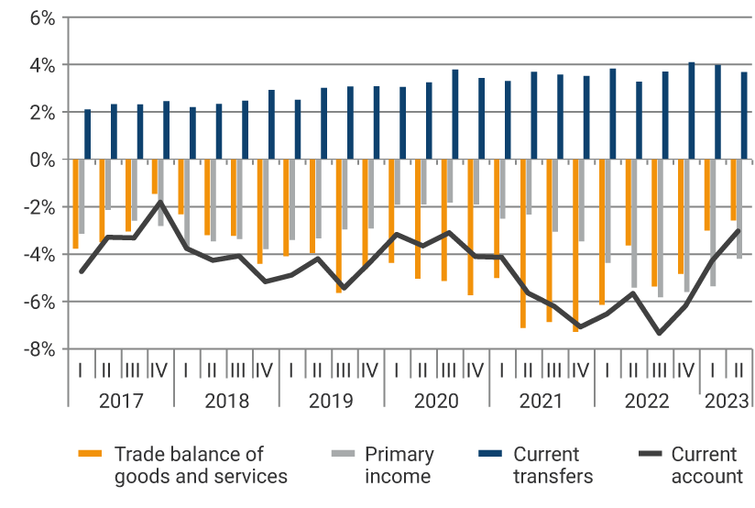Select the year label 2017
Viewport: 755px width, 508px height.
coord(121,401)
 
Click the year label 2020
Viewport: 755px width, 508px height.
coord(436,401)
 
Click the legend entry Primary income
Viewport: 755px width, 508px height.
coord(399,465)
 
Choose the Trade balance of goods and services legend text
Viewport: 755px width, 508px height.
coord(201,465)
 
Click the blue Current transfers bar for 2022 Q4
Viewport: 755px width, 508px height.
coord(692,111)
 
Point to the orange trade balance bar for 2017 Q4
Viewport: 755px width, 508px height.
coord(155,176)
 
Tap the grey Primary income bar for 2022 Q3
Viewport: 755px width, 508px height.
coord(660,227)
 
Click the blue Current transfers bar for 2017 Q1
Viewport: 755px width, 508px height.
coord(88,134)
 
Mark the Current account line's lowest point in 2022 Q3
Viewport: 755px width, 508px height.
coord(659,333)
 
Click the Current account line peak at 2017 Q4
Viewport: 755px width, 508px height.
coord(160,201)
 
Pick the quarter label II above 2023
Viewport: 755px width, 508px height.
coord(739,370)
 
